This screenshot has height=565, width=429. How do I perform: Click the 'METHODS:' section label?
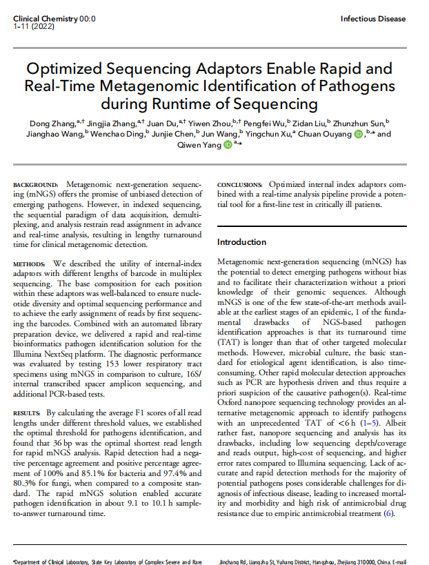click(x=30, y=264)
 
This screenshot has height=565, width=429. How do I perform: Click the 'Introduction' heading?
click(x=241, y=242)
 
